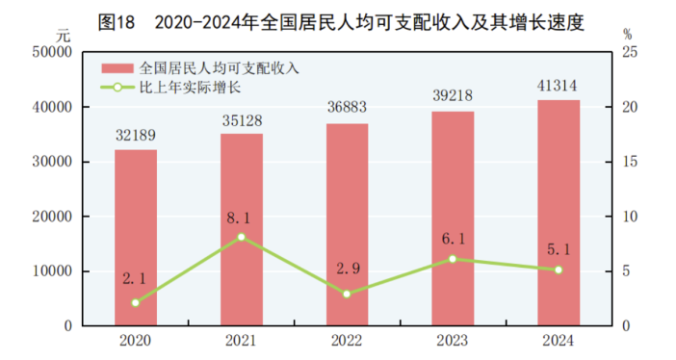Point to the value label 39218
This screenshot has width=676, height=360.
(x=453, y=97)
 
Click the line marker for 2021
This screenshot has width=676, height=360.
(x=241, y=237)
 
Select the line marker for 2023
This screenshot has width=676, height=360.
(x=453, y=259)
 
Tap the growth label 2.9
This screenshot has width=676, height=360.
(x=347, y=269)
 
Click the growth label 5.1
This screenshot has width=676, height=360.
(x=559, y=249)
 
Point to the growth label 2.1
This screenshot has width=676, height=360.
(x=136, y=279)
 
